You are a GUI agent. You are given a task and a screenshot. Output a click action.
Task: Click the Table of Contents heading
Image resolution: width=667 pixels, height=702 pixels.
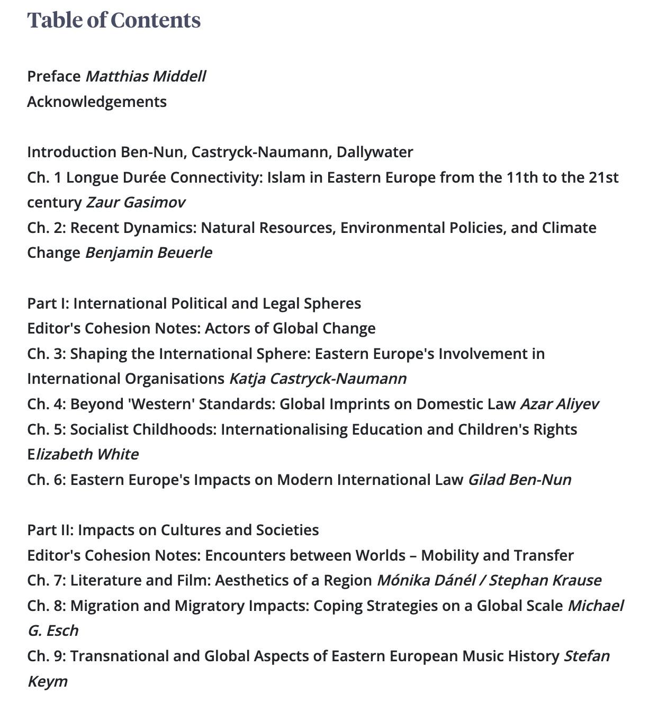pos(114,20)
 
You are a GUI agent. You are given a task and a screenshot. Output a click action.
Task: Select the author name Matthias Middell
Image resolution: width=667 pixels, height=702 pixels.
pos(146,76)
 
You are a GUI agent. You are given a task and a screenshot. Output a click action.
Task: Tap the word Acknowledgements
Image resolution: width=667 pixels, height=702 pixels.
pos(97,102)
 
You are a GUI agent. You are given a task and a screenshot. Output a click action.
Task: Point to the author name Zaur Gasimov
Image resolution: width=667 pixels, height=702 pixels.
pos(136,202)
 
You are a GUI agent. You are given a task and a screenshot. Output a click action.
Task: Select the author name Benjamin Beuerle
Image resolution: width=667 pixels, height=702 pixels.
pos(149,253)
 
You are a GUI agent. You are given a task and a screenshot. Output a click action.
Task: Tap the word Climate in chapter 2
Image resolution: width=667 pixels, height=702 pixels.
pos(569,228)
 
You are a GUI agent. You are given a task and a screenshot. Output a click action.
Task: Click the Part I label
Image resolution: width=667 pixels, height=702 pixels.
pos(48,303)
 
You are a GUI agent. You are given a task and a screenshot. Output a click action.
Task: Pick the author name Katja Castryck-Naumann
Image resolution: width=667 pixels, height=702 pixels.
pos(318,379)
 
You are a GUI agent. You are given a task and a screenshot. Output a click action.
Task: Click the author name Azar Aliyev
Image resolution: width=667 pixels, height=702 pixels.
pos(560,404)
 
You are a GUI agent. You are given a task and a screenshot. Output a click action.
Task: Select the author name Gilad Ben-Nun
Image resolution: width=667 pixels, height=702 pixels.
pos(519,480)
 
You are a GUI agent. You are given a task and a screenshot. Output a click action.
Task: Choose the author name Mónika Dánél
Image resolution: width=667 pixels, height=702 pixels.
pos(426,580)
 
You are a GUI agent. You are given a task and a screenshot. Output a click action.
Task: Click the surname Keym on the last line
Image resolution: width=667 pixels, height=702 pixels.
pos(48,681)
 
